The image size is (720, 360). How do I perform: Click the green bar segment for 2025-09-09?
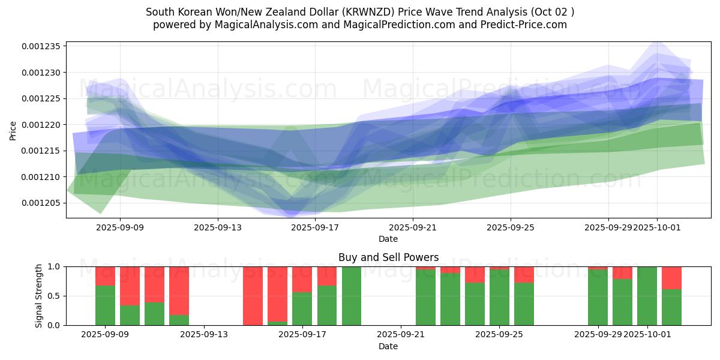[x=105, y=305]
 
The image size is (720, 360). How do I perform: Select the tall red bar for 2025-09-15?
[x=253, y=296]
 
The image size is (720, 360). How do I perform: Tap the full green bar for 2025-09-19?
[x=351, y=296]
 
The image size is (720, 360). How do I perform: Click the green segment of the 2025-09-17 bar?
[x=302, y=309]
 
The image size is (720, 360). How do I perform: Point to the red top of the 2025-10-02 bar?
[x=671, y=278]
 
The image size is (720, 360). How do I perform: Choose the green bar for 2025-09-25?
[x=499, y=298]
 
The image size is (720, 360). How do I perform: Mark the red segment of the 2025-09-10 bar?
[x=130, y=286]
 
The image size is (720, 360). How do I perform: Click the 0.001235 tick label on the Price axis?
[x=43, y=47]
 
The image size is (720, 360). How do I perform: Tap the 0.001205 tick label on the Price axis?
[x=43, y=203]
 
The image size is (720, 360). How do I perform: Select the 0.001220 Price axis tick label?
[x=43, y=125]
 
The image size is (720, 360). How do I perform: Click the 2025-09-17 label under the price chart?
[x=316, y=227]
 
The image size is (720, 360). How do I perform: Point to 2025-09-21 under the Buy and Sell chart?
[x=401, y=335]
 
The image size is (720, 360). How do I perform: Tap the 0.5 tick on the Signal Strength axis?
[x=54, y=296]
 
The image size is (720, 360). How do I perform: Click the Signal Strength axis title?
[x=39, y=296]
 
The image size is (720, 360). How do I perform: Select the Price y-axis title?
[x=13, y=130]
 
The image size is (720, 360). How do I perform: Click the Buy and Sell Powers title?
[x=388, y=257]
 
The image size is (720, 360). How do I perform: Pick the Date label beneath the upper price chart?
[x=388, y=239]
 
